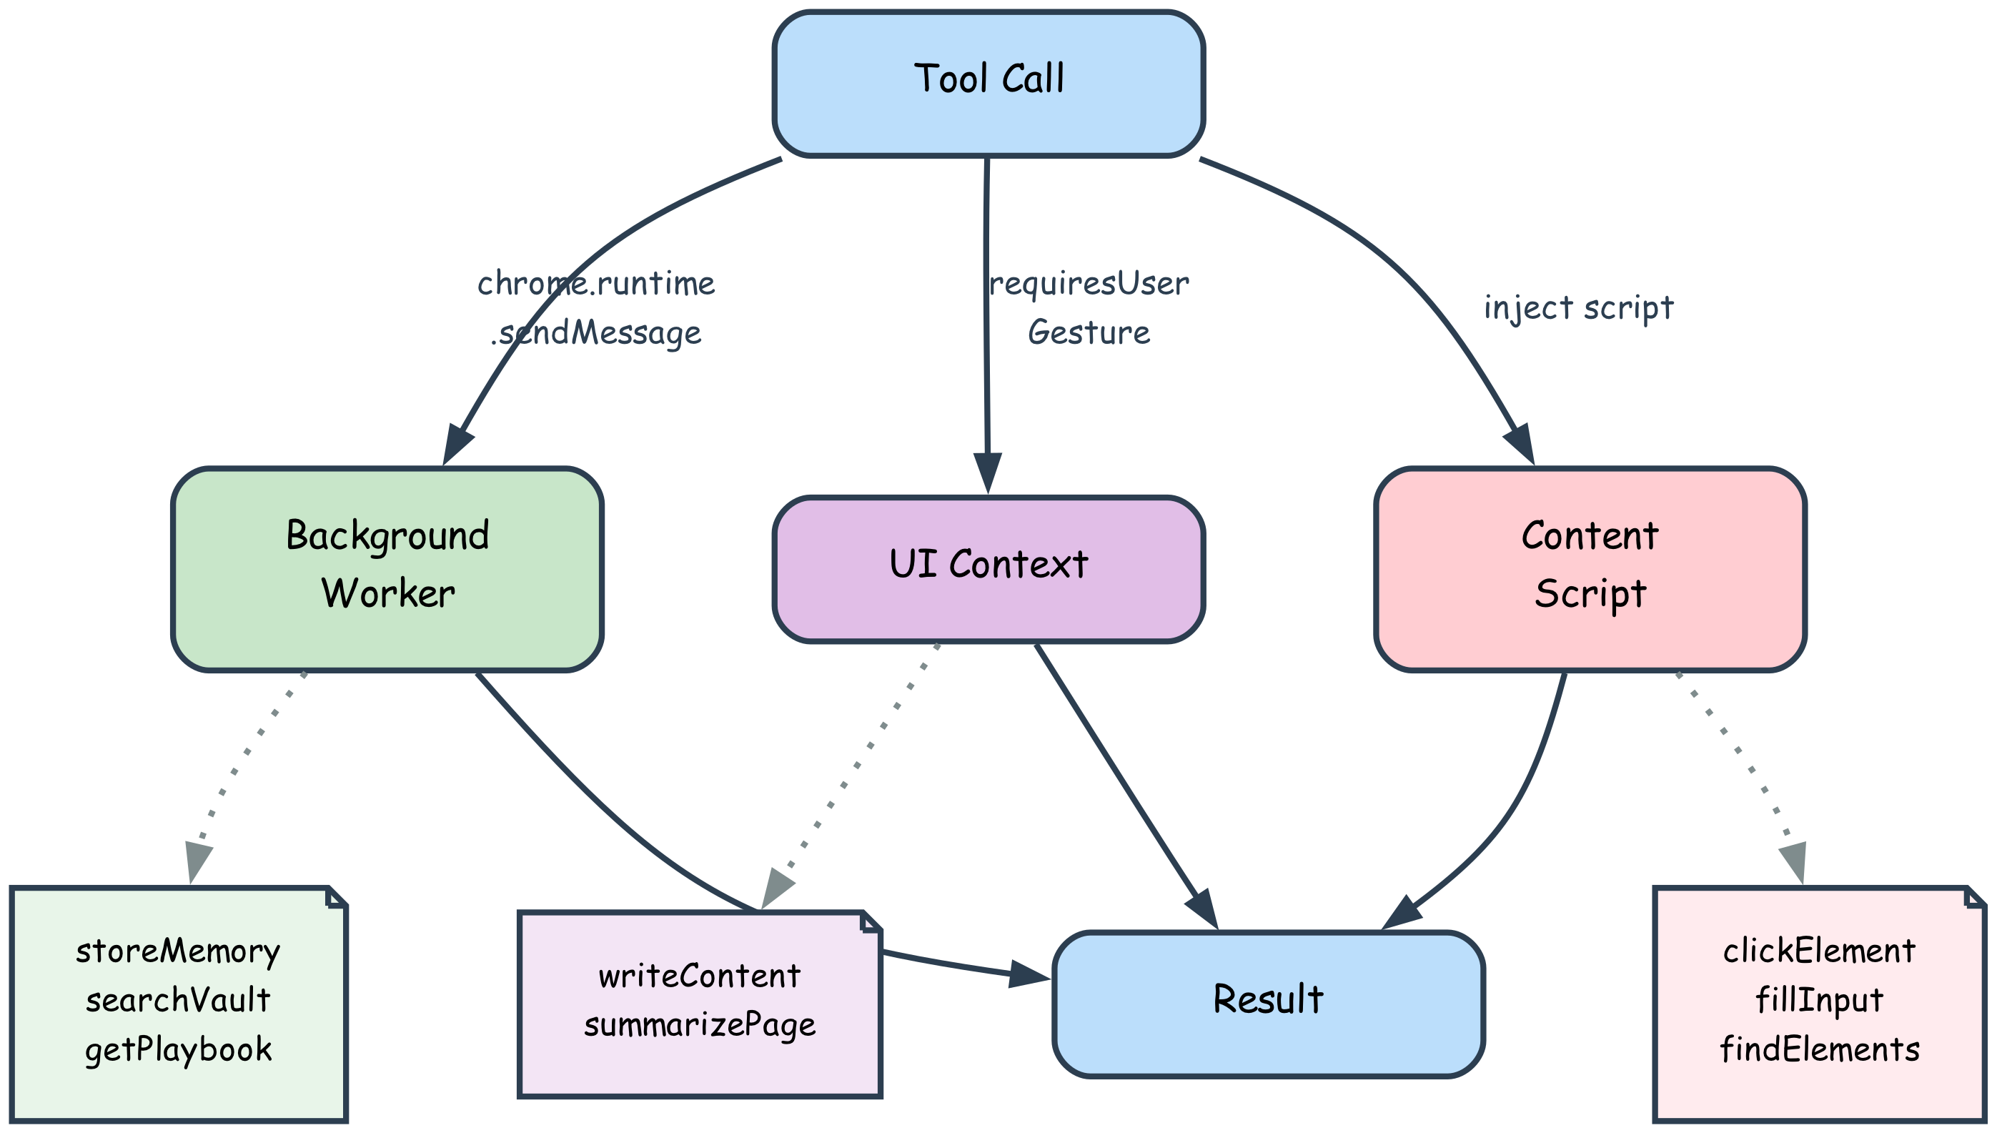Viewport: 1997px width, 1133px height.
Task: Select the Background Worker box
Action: tap(387, 569)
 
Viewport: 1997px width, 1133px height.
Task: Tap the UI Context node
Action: tap(988, 569)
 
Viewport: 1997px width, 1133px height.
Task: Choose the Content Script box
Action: tap(1590, 569)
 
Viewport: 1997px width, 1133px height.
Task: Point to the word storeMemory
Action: tap(178, 951)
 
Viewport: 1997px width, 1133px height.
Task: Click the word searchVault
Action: tap(178, 1001)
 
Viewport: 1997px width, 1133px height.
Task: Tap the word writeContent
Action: tap(699, 976)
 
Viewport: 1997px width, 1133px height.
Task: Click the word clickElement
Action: tap(1819, 951)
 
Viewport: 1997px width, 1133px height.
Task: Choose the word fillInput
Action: tap(1819, 1001)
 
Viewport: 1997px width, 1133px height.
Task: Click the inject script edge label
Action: tap(1578, 308)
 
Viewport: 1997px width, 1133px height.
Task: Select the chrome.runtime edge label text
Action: tap(596, 284)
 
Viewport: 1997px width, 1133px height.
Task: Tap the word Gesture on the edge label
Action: tap(1089, 333)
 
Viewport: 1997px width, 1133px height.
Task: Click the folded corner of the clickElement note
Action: tap(1973, 896)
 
